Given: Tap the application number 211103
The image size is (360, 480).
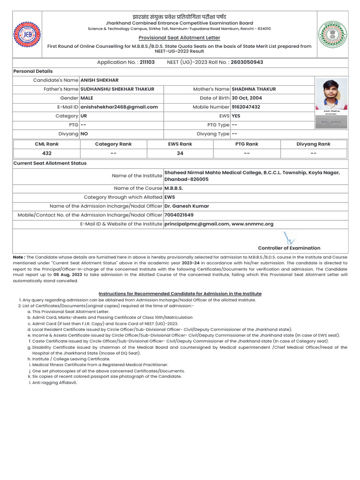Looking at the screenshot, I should tap(147, 62).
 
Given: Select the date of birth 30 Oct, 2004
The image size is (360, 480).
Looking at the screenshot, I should tap(247, 98).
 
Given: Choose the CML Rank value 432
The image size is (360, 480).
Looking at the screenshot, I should tap(47, 153).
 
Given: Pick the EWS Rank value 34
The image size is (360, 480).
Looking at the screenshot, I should tap(180, 153).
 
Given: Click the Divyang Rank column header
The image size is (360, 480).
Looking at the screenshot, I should tap(313, 144).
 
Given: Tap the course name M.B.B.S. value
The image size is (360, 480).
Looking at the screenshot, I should tap(173, 188).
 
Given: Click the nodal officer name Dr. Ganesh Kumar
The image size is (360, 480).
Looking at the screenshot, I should tap(187, 206).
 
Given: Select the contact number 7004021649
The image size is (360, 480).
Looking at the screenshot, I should tap(179, 215).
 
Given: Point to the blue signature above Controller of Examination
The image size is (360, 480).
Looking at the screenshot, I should tap(289, 238).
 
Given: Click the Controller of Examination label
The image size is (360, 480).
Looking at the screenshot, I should tap(289, 248).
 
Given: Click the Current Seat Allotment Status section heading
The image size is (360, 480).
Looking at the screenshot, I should tap(50, 163).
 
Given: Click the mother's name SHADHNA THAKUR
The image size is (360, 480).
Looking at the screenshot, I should tap(254, 89).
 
